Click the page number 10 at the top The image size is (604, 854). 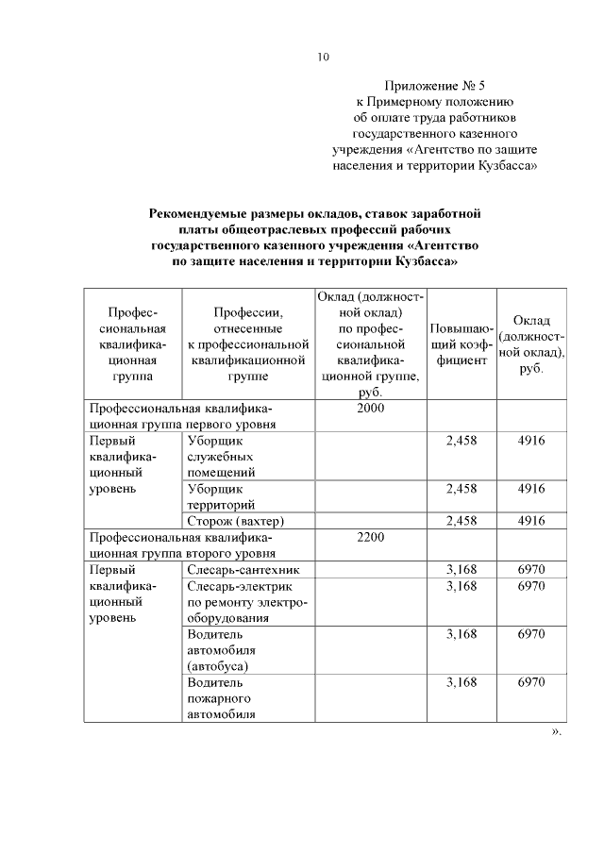click(x=323, y=58)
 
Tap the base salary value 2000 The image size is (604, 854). click(x=371, y=409)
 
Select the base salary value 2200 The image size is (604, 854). click(x=371, y=537)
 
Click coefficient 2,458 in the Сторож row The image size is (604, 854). click(x=461, y=520)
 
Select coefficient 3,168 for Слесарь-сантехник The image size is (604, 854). click(x=461, y=570)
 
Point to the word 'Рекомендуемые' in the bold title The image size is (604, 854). click(x=204, y=213)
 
